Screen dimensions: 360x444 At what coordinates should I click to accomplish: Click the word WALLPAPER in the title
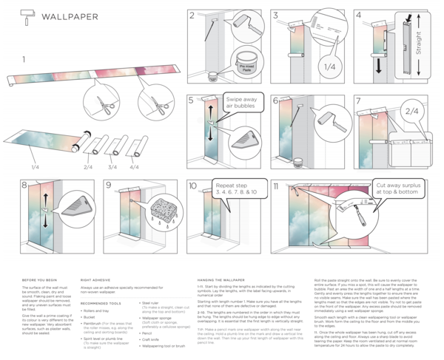point(71,16)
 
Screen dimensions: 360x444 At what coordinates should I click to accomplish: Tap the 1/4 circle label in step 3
point(330,67)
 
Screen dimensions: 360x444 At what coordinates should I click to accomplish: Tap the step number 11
point(276,186)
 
